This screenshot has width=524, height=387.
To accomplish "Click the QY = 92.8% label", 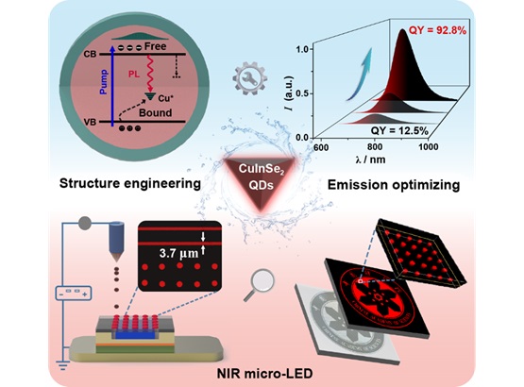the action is [437, 30].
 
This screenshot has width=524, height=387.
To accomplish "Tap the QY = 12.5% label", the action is [399, 130].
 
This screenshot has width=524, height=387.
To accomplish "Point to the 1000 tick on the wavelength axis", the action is [429, 147].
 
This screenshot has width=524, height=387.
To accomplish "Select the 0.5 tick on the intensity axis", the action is [302, 93].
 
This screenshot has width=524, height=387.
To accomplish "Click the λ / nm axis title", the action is [370, 160].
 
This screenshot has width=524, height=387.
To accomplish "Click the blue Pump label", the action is [104, 82].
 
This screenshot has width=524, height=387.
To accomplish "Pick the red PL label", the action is [134, 75].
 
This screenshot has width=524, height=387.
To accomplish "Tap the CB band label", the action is [90, 54].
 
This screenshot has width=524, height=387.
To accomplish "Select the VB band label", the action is [90, 123].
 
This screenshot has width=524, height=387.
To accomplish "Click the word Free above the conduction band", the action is [155, 46].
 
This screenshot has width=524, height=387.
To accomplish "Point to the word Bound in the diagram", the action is [156, 112].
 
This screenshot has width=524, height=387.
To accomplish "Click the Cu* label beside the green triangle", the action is [165, 98].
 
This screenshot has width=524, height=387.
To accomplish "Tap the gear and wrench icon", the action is [249, 77].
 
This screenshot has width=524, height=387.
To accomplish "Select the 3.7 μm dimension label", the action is [178, 253].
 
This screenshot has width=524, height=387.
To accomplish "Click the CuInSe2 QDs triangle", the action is [261, 180].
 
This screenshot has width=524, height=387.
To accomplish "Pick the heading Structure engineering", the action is [130, 183].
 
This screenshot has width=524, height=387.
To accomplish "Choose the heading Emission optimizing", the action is [394, 185].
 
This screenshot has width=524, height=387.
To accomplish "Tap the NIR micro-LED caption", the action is [265, 373].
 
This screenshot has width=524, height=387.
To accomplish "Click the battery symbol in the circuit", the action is [74, 293].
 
